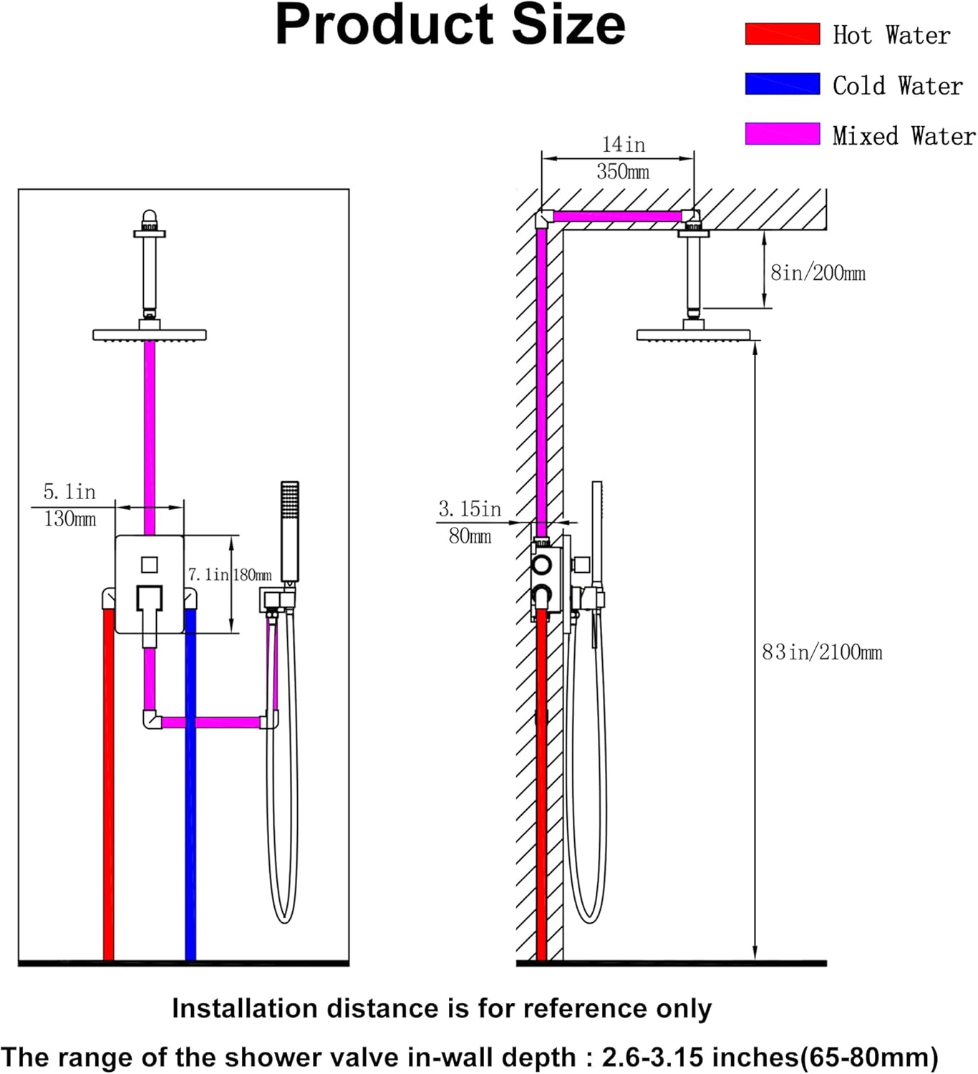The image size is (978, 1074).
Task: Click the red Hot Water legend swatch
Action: [x=782, y=34]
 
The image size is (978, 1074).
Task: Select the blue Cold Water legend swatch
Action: [x=782, y=84]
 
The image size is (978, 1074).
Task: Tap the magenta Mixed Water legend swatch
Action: [x=782, y=134]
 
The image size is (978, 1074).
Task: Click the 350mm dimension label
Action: [x=622, y=172]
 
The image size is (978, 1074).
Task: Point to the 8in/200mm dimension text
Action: [x=818, y=273]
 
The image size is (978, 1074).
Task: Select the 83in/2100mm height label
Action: [x=822, y=652]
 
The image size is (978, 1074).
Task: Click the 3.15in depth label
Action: [x=470, y=508]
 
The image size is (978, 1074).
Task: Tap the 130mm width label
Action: [x=70, y=519]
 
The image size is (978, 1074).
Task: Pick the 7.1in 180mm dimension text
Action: [x=230, y=575]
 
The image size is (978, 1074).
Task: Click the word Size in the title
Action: [x=568, y=25]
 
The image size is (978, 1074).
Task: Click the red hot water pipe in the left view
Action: [x=109, y=784]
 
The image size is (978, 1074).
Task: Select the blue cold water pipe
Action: [x=190, y=784]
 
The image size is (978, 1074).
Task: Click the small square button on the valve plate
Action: [x=150, y=565]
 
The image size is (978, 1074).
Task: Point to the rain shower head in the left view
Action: [x=150, y=335]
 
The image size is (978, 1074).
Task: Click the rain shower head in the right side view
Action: [x=694, y=335]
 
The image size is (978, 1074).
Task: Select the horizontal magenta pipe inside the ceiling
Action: [x=617, y=216]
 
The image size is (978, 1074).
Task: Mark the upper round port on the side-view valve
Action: [x=541, y=564]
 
